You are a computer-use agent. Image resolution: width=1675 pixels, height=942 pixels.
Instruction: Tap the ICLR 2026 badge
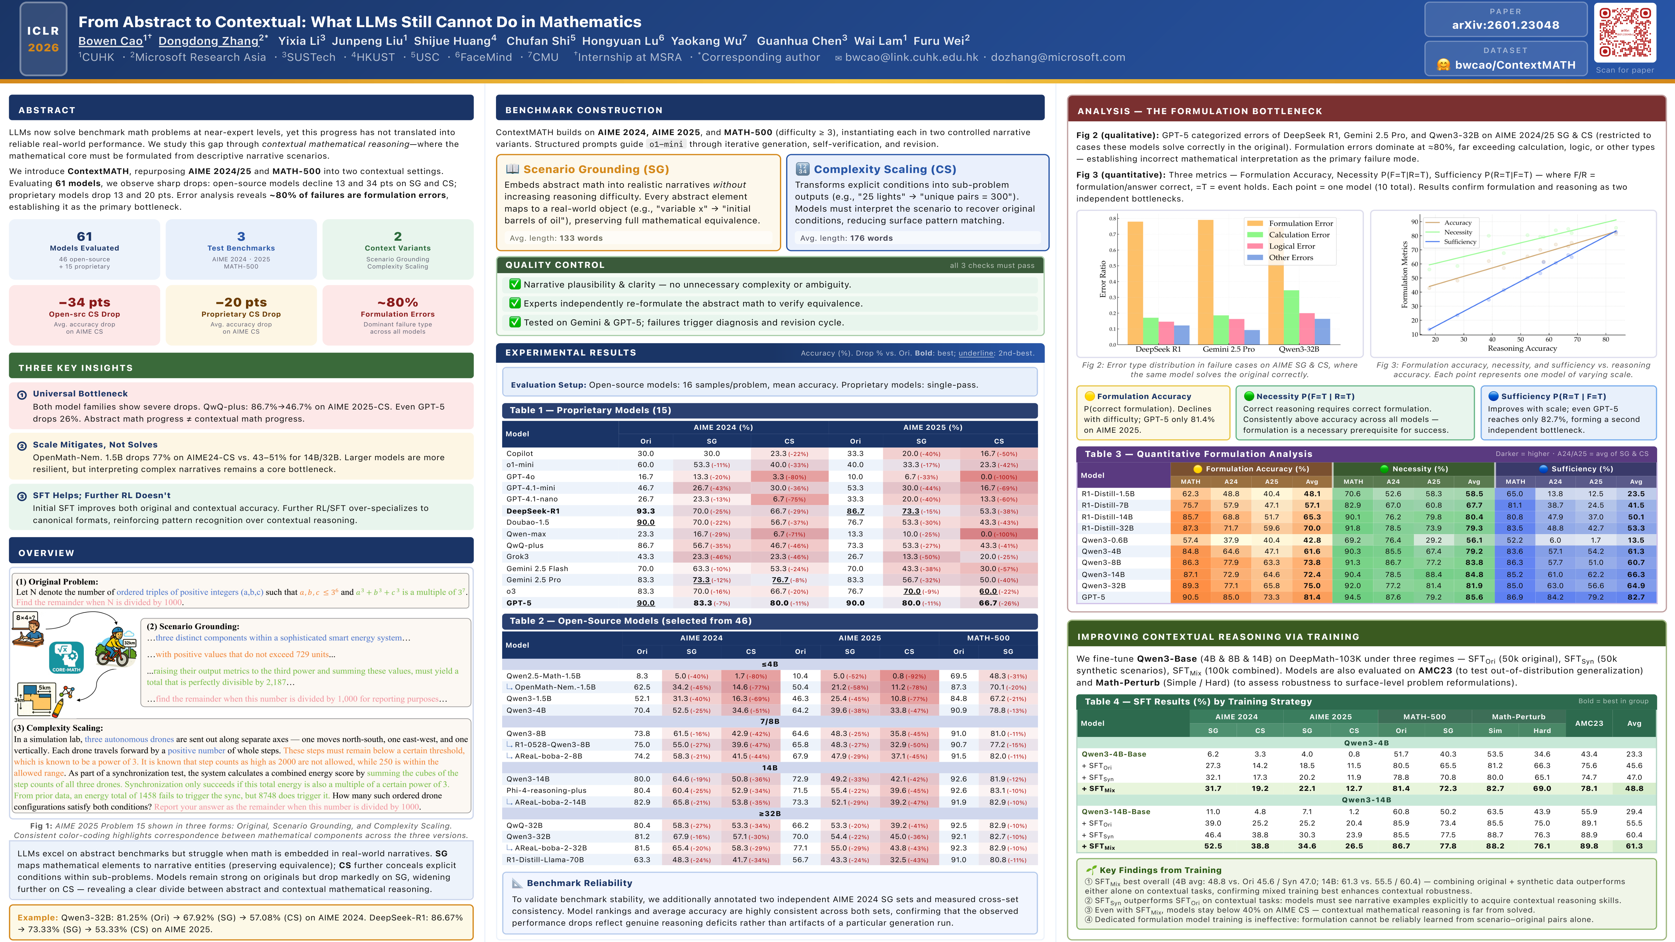coord(43,39)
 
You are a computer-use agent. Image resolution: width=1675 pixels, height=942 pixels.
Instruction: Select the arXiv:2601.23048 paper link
coord(1505,25)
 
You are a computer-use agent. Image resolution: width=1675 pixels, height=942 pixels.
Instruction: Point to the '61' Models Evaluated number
coord(84,236)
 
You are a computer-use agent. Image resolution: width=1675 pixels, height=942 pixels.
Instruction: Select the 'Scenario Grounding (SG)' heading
coord(596,169)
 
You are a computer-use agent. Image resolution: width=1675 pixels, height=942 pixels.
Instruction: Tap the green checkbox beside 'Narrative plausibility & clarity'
coord(514,284)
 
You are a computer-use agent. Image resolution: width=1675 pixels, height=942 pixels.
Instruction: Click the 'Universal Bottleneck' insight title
coord(80,393)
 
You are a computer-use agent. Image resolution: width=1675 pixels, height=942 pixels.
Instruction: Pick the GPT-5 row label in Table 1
coord(519,602)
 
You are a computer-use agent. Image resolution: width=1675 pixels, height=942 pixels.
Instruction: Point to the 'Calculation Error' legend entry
coord(1298,235)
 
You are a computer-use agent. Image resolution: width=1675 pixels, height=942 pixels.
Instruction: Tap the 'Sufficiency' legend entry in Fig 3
coord(1460,242)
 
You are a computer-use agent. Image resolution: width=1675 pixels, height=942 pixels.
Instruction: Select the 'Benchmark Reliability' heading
coord(579,883)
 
